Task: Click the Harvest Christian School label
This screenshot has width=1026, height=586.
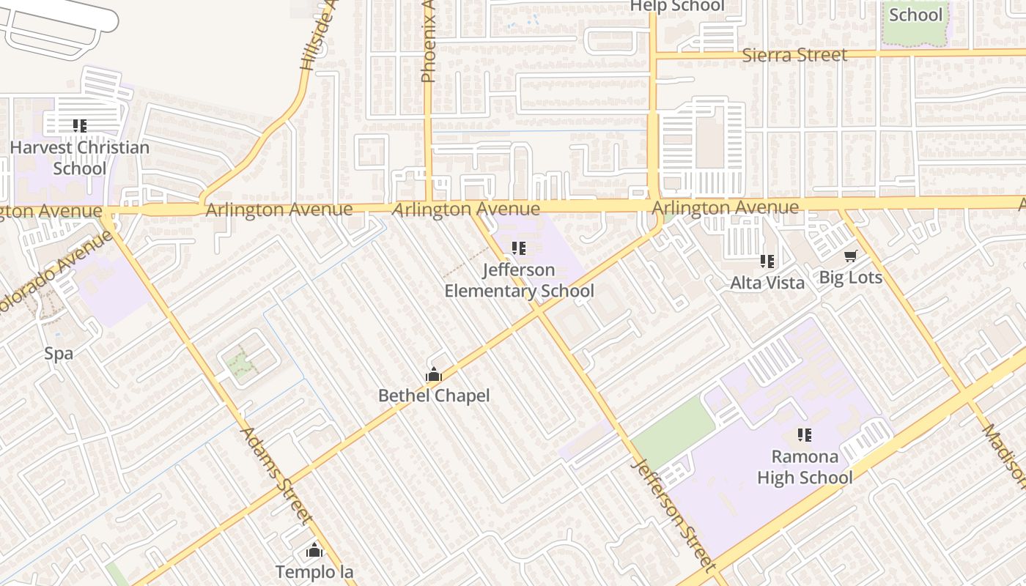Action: coord(80,157)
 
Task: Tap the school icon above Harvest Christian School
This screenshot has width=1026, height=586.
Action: coord(80,126)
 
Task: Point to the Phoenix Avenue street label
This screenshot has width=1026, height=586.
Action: coord(429,44)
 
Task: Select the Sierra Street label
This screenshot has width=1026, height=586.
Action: coord(794,55)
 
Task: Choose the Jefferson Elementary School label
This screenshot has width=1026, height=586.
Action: coord(519,281)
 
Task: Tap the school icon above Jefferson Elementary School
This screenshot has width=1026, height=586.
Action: coord(519,248)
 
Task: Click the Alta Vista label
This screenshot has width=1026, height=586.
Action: coord(767,283)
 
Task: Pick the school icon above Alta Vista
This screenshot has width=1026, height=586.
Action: coord(767,261)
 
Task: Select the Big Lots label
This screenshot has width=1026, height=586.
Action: coord(850,278)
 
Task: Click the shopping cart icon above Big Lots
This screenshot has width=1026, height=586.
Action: coord(850,256)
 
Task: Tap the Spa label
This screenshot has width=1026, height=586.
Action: coord(59,354)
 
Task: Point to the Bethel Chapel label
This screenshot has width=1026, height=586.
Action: coord(434,396)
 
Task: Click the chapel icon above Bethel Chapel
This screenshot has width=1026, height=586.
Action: coord(434,376)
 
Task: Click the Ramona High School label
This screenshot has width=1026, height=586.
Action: coord(805,467)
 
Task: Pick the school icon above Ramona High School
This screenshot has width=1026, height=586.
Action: coord(805,435)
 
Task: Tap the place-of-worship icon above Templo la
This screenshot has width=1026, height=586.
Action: coord(314,550)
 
